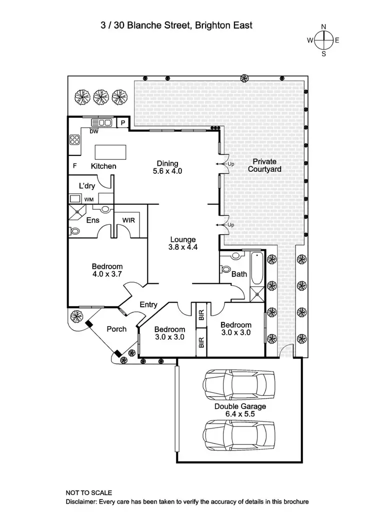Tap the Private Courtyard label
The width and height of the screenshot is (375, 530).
coord(266,165)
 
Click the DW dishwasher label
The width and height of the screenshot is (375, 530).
coord(93,131)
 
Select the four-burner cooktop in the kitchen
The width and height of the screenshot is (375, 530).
coord(75,140)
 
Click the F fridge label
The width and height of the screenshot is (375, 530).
coord(74,166)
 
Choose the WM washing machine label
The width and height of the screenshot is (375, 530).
coord(88,200)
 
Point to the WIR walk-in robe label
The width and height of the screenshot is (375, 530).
coord(128,220)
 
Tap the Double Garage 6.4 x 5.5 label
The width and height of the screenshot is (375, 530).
coord(240,411)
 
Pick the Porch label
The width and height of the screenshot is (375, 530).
coord(116,329)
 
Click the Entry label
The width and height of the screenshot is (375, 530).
coord(148,305)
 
